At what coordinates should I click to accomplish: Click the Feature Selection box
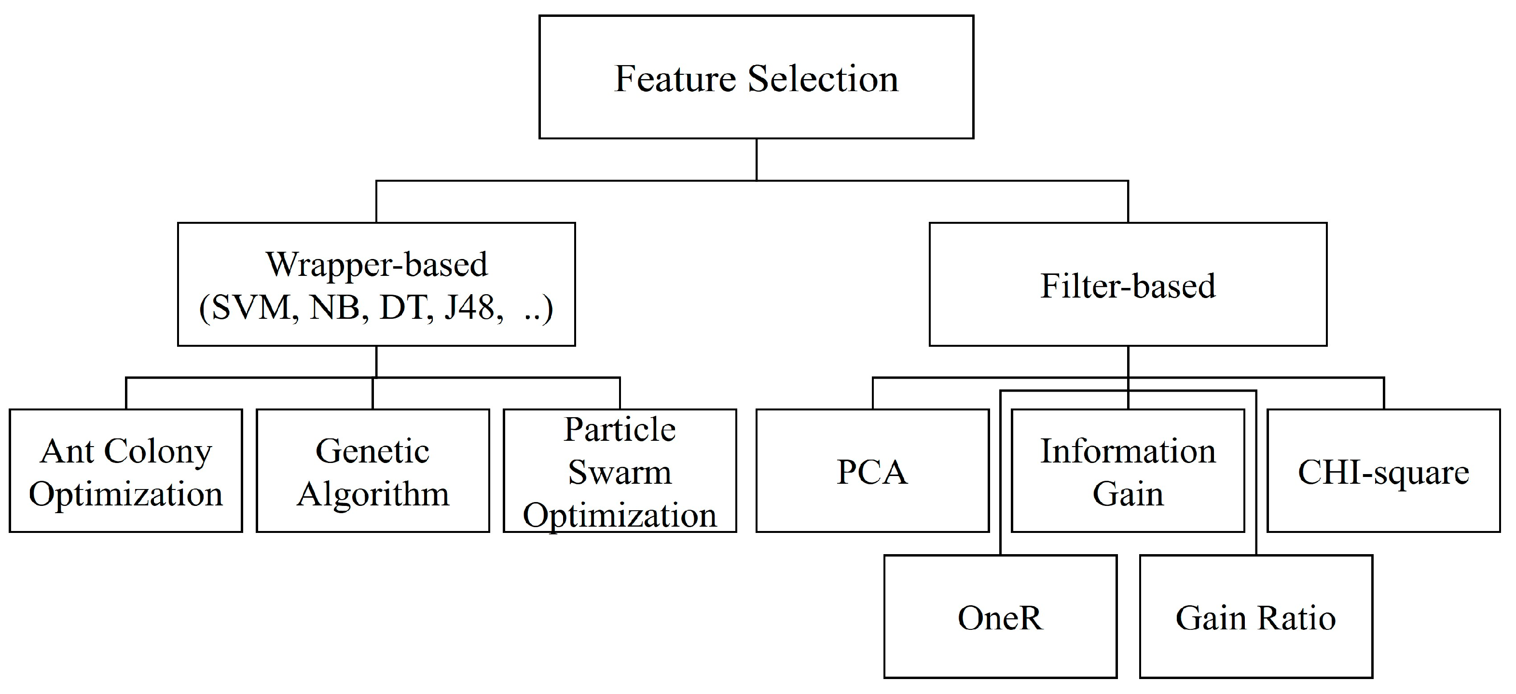tap(756, 78)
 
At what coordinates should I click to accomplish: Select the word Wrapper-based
tap(377, 264)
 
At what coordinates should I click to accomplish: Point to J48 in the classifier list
tap(469, 307)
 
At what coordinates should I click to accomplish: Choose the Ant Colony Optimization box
tap(125, 471)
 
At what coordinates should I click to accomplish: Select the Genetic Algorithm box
tap(372, 471)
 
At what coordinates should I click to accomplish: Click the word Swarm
tap(620, 472)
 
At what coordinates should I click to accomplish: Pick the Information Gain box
tap(1128, 471)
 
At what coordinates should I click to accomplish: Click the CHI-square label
tap(1383, 472)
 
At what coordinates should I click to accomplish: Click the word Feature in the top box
tap(675, 78)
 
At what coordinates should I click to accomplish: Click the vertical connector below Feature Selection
tap(756, 159)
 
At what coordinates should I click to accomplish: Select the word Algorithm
tap(372, 493)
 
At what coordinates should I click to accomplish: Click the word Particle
tap(620, 429)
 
